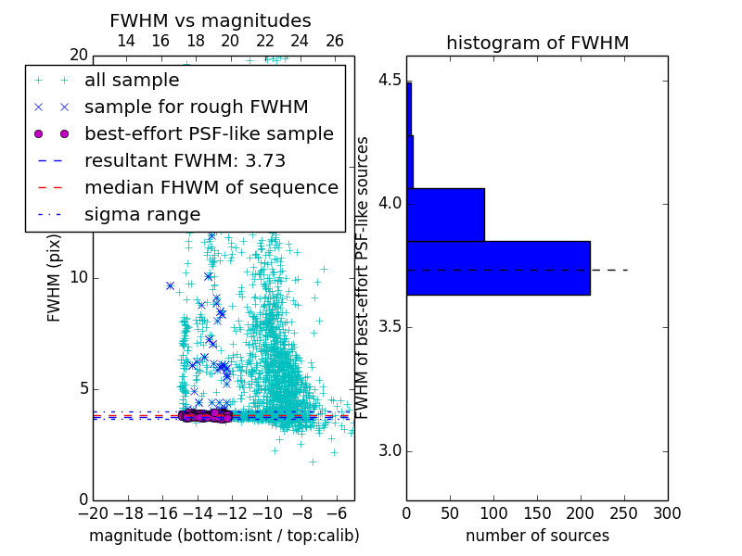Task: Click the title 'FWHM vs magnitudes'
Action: tap(211, 20)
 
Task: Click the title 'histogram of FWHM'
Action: tap(537, 43)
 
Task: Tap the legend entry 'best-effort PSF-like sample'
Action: tap(209, 133)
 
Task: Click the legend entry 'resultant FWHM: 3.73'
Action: tap(185, 160)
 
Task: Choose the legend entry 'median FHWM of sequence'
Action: tap(211, 187)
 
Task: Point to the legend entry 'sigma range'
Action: tap(142, 214)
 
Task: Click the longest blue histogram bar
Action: tap(498, 268)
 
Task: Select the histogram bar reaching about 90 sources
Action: tap(445, 214)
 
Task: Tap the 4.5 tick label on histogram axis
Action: tap(390, 80)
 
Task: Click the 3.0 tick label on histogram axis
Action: tap(390, 451)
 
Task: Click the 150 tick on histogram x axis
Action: tap(537, 512)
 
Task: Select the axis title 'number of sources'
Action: tap(537, 536)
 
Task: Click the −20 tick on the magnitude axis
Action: tap(93, 512)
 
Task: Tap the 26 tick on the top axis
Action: tap(335, 41)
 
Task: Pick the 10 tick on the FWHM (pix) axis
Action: tap(78, 278)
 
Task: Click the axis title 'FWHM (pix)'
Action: tap(54, 278)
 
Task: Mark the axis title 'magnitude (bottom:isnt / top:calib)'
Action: tap(224, 536)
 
